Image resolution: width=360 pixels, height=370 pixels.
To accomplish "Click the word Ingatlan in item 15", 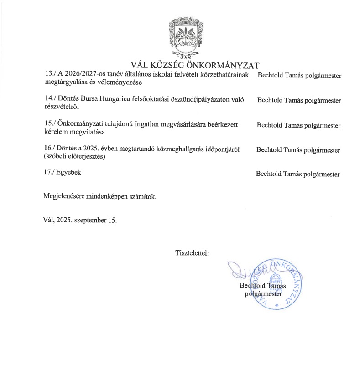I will tap(148, 124).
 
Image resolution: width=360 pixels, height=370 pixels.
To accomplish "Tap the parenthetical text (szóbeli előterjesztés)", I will tap(73, 157).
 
